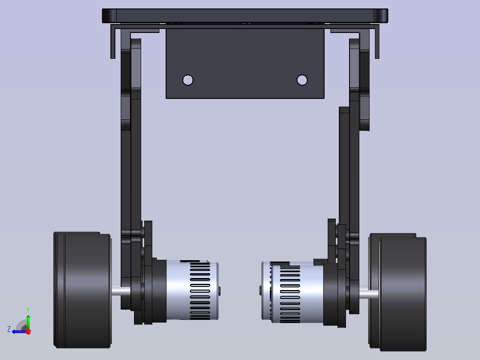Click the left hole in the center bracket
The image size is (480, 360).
pos(187,80)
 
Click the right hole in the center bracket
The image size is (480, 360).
pos(302,80)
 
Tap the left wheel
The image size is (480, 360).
pos(82,290)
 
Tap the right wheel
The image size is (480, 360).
pos(398,292)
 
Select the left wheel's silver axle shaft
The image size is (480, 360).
pos(121,290)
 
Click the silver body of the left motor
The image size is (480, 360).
pos(192,290)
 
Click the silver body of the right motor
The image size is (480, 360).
pos(293,292)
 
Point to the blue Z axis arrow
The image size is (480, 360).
pos(20,331)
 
